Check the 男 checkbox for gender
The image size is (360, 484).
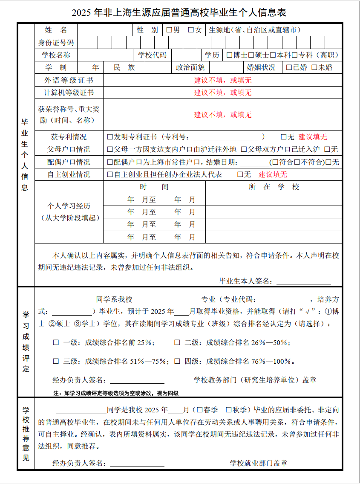tap(169, 30)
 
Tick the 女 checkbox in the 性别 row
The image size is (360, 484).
tap(191, 30)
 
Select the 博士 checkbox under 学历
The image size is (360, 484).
tap(230, 55)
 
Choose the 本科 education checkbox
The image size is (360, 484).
tap(273, 55)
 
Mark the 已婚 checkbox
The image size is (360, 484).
tap(289, 67)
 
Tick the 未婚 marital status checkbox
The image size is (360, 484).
tap(314, 67)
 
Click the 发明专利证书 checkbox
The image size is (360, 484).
tap(110, 137)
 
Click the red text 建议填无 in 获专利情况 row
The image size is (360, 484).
tap(313, 137)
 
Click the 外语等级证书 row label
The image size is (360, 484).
tap(69, 80)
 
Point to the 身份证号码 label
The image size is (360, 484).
tap(56, 43)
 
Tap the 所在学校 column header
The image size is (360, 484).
tap(274, 187)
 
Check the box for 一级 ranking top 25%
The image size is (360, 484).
tap(56, 342)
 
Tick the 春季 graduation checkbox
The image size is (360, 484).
tap(199, 410)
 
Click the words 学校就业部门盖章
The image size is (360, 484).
tap(259, 463)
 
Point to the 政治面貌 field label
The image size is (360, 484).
tap(190, 67)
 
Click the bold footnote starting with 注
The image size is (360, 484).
tap(115, 393)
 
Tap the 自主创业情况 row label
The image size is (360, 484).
tap(69, 174)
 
